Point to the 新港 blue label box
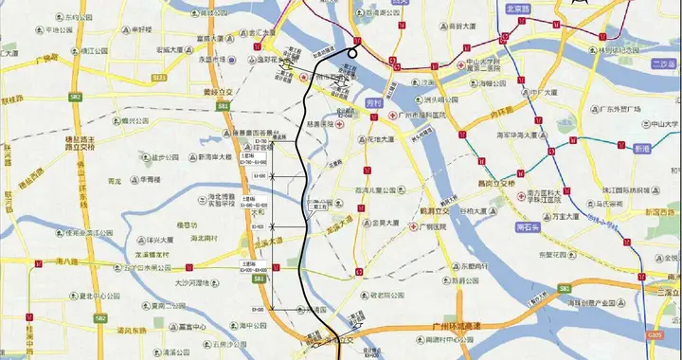click(643, 150)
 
